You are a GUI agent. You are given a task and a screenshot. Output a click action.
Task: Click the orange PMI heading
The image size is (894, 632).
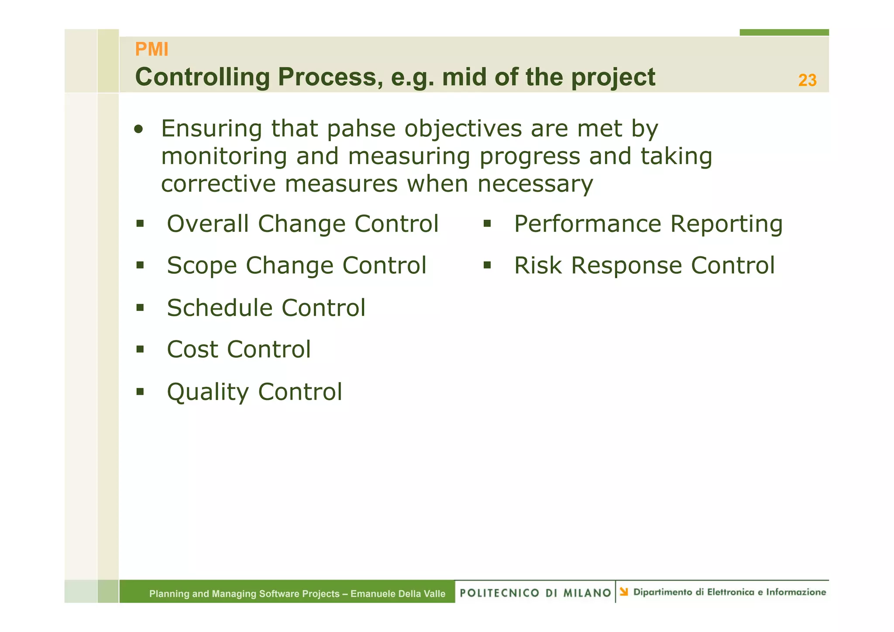[x=151, y=49]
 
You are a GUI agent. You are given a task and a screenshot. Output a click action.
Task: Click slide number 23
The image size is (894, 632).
[x=807, y=80]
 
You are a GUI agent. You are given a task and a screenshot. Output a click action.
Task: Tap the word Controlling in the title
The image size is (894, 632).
[x=203, y=77]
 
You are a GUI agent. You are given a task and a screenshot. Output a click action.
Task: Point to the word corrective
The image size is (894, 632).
[x=218, y=184]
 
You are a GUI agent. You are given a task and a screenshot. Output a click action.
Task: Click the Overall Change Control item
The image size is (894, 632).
[x=302, y=224]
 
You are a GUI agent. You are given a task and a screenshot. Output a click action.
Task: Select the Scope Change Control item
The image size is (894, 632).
[x=296, y=266]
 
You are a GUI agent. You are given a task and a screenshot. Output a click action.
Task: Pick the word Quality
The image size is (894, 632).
[x=207, y=392]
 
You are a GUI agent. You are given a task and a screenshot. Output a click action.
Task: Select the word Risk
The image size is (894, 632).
[x=538, y=266]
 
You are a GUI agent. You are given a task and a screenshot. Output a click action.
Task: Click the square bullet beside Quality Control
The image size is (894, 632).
[x=140, y=391]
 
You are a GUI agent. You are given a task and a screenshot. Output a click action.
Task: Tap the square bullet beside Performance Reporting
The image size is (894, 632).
[x=487, y=224]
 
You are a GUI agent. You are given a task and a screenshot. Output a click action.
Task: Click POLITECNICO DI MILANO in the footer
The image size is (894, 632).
[x=535, y=593]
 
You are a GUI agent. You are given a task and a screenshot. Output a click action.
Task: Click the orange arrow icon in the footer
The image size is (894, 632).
[x=624, y=592]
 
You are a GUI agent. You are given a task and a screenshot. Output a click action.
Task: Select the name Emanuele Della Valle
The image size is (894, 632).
[x=398, y=594]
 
